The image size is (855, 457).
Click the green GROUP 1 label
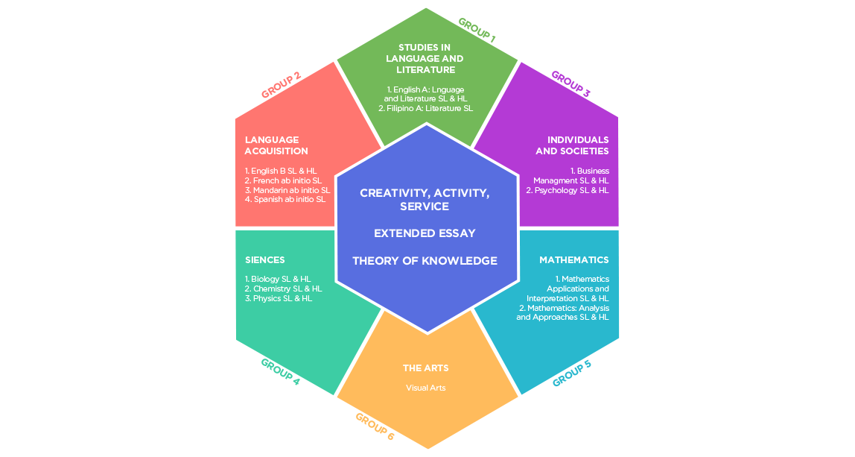click(x=477, y=28)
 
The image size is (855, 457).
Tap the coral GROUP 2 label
click(x=281, y=86)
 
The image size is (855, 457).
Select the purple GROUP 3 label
click(x=570, y=84)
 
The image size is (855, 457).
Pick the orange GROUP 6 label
click(x=375, y=426)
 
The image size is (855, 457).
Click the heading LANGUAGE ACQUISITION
click(x=276, y=145)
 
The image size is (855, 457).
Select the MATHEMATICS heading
click(x=573, y=260)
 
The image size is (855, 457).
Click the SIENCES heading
click(x=265, y=260)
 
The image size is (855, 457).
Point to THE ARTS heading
click(x=426, y=368)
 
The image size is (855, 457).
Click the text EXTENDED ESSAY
click(x=425, y=233)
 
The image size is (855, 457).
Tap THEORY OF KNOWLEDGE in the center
click(x=425, y=261)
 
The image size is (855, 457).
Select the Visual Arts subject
click(x=426, y=388)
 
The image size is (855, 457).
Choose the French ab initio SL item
click(x=283, y=180)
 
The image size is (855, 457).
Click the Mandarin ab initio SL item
click(x=287, y=190)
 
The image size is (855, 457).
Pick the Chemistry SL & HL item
click(x=284, y=289)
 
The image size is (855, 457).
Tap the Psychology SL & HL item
click(x=568, y=190)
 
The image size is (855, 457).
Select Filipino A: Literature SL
click(x=425, y=108)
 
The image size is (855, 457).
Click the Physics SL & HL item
click(x=279, y=298)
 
